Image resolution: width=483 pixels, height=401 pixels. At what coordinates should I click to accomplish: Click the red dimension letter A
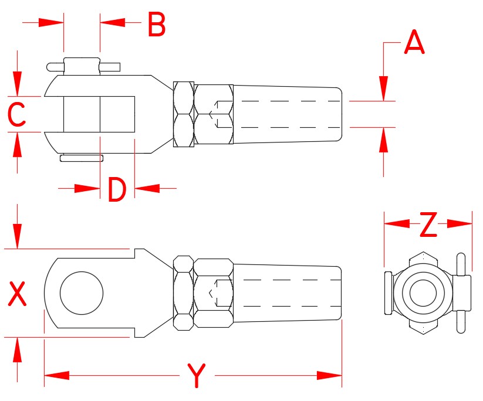[414, 43]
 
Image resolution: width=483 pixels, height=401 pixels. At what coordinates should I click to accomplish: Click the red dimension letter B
[156, 25]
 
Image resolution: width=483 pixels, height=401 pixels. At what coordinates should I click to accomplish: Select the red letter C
[16, 114]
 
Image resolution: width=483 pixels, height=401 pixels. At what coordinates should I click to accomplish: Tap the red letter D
[117, 189]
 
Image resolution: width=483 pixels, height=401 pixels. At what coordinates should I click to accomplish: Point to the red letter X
[18, 294]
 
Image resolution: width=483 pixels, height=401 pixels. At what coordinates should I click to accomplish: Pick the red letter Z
[429, 225]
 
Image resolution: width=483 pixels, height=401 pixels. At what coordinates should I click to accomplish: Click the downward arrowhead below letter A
[383, 89]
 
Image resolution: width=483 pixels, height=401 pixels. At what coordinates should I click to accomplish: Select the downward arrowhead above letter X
[18, 237]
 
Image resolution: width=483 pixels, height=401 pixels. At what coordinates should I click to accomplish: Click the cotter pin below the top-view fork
[81, 158]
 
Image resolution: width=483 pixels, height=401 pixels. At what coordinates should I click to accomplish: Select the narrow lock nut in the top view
[183, 114]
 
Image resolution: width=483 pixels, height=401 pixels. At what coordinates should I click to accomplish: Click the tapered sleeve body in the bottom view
[288, 292]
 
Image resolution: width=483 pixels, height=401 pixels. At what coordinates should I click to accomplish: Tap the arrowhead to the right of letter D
[147, 188]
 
